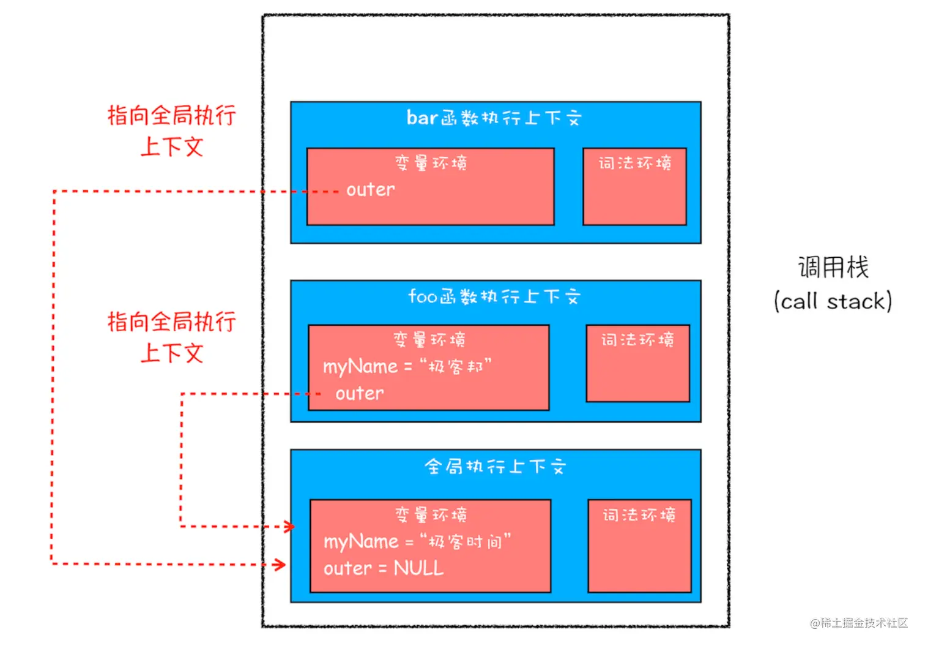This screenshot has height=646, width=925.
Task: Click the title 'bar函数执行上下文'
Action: pyautogui.click(x=495, y=118)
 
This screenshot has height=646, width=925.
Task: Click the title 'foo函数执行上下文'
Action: pyautogui.click(x=495, y=296)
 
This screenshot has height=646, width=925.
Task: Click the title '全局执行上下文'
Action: pyautogui.click(x=496, y=467)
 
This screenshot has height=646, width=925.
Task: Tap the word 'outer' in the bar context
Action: pyautogui.click(x=370, y=190)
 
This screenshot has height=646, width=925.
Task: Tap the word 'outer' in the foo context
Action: pyautogui.click(x=360, y=393)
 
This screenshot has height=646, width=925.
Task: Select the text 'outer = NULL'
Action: pyautogui.click(x=384, y=568)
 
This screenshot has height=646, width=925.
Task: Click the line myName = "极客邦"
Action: pyautogui.click(x=407, y=367)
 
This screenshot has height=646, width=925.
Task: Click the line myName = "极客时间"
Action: pyautogui.click(x=417, y=541)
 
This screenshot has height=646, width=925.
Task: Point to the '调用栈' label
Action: pyautogui.click(x=833, y=268)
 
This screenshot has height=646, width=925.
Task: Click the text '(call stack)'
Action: pyautogui.click(x=833, y=301)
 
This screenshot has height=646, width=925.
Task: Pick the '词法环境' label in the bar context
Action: pyautogui.click(x=635, y=163)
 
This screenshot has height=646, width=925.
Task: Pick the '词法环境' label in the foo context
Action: pyautogui.click(x=637, y=340)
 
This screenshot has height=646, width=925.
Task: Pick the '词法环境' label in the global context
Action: pyautogui.click(x=639, y=515)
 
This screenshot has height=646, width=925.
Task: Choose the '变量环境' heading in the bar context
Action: pyautogui.click(x=431, y=163)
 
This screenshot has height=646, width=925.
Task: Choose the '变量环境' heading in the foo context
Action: pyautogui.click(x=429, y=340)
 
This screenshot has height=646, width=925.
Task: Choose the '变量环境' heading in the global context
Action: pyautogui.click(x=431, y=515)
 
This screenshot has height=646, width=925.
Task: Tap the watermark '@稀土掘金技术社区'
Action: pyautogui.click(x=859, y=623)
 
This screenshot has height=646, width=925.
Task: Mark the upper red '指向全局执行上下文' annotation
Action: pyautogui.click(x=172, y=130)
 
